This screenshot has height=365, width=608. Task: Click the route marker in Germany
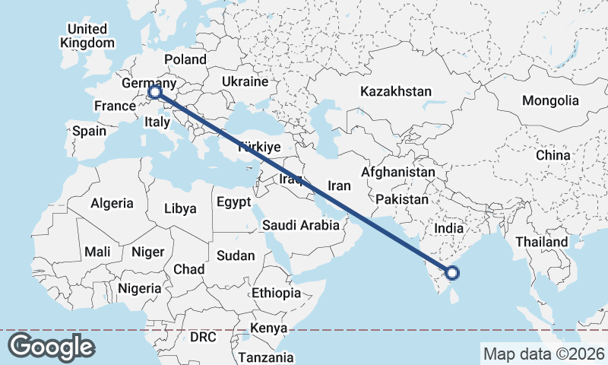[154, 92]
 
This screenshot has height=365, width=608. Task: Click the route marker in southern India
[452, 273]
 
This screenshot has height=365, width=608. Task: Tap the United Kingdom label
[87, 36]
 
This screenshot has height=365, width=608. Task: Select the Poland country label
[185, 59]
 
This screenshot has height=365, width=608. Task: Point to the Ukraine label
[245, 81]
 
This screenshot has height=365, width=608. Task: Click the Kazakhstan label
[396, 91]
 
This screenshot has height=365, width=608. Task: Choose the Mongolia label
[550, 100]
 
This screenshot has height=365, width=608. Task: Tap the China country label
[553, 155]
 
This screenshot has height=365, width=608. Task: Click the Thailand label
[541, 242]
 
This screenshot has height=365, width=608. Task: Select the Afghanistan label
[398, 173]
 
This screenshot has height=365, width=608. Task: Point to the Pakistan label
[402, 199]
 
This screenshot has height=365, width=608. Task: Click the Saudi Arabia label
[300, 225]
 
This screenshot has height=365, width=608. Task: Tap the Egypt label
[233, 202]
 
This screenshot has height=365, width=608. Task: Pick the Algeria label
[112, 204]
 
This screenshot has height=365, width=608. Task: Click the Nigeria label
[140, 288]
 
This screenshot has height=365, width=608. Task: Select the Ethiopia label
[276, 293]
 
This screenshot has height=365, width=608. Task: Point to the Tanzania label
[266, 357]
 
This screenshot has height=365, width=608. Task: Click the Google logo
[51, 347]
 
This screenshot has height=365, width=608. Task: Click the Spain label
[90, 131]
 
